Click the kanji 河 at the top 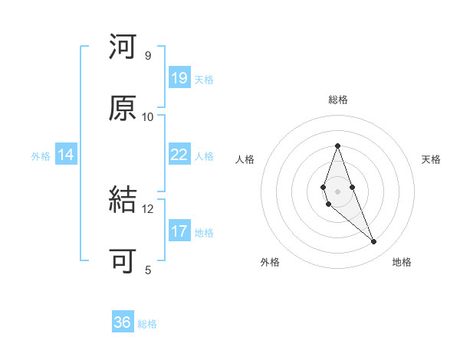pos(123,47)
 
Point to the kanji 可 pos(123,261)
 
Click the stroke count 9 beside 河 pos(147,56)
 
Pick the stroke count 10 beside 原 pos(148,116)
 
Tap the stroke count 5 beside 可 pos(147,270)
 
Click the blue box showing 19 pos(179,78)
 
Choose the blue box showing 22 pos(179,155)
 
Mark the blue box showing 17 pos(179,231)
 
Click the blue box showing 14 pos(66,155)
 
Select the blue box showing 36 pos(123,322)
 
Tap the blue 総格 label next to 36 pos(147,324)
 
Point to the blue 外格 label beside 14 pos(41,156)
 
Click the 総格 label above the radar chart pos(338,100)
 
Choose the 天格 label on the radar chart pos(432,159)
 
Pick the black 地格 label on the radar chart pos(402,263)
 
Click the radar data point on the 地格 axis pos(374,242)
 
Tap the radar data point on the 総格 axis pos(338,146)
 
